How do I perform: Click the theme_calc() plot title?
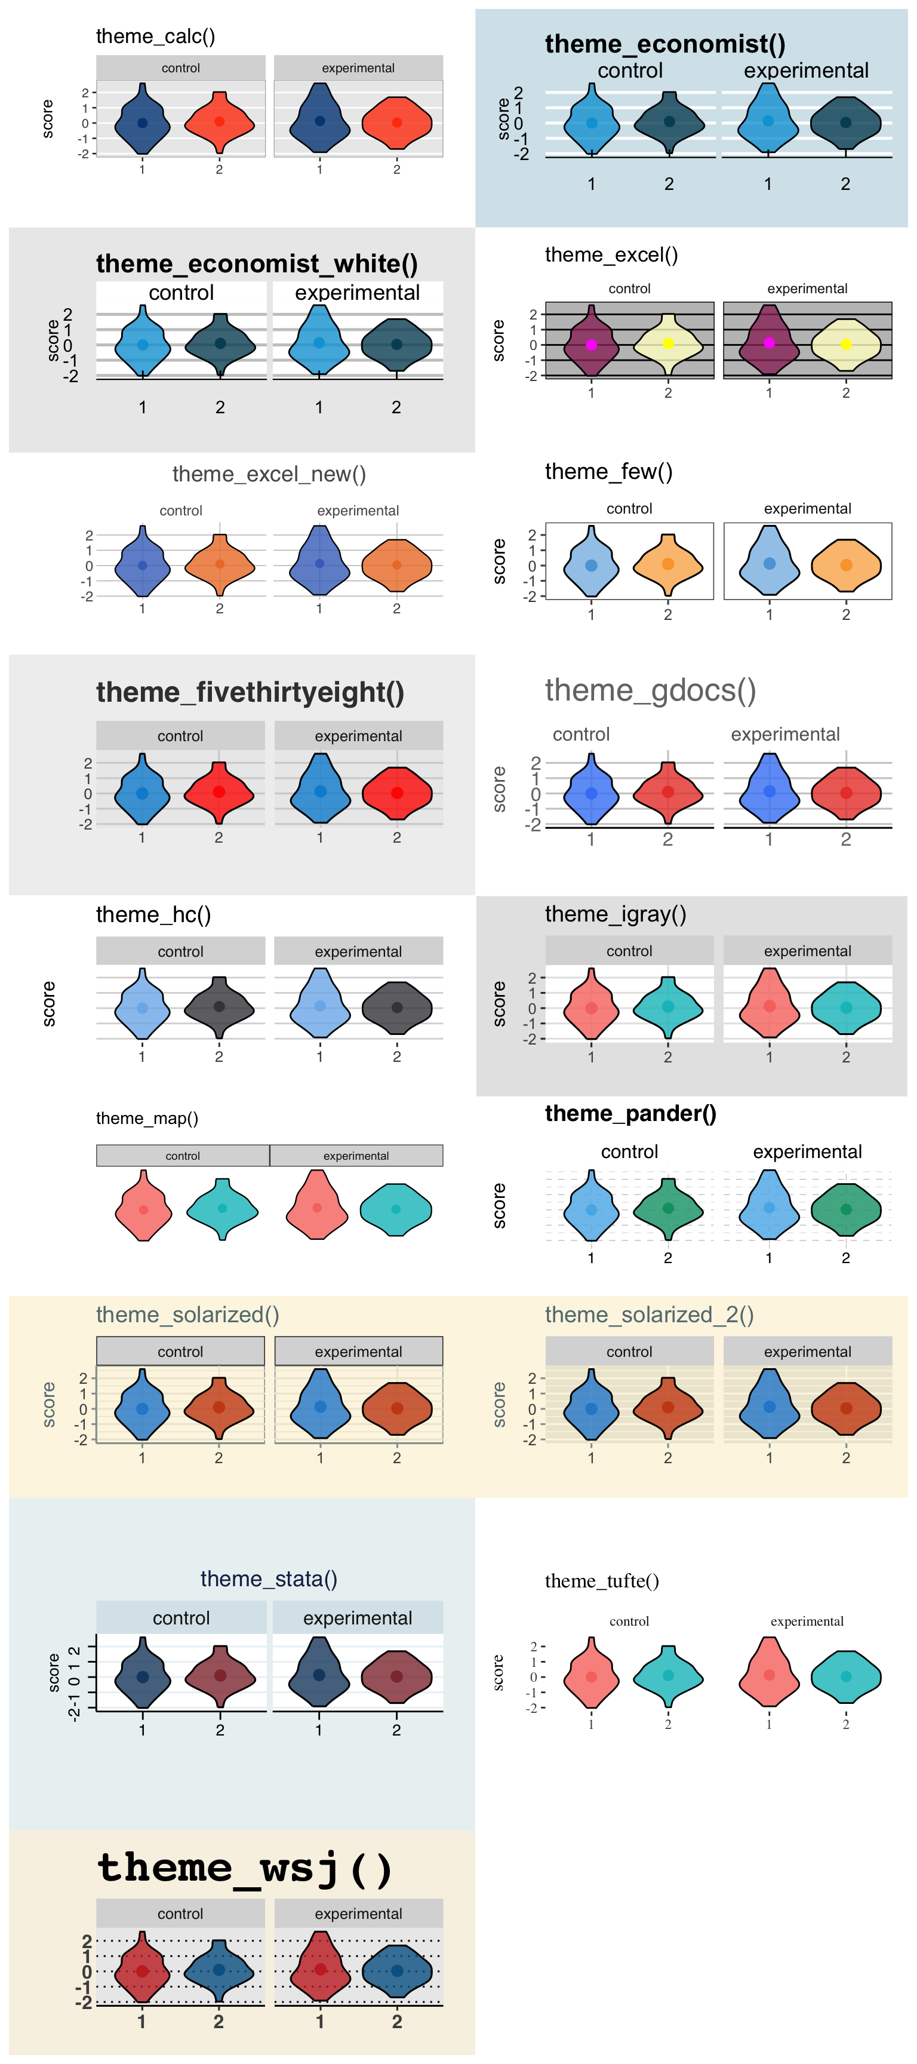coord(155,36)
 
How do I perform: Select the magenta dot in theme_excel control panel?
coord(591,345)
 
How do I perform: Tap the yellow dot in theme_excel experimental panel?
coord(846,345)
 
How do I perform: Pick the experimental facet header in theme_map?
coord(356,1156)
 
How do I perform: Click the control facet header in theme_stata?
coord(181,1618)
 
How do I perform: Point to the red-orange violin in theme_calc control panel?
coord(220,122)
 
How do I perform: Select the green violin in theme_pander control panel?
coord(668,1208)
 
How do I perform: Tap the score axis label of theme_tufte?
coord(498,1672)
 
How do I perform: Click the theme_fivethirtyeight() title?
coord(250,692)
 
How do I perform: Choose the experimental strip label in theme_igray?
coord(807,950)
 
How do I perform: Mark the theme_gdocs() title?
coord(650,690)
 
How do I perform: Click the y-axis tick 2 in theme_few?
coord(532,535)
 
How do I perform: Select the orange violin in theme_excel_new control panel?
coord(220,564)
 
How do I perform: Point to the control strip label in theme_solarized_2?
coord(629,1351)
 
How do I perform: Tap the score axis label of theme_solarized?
coord(49,1404)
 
